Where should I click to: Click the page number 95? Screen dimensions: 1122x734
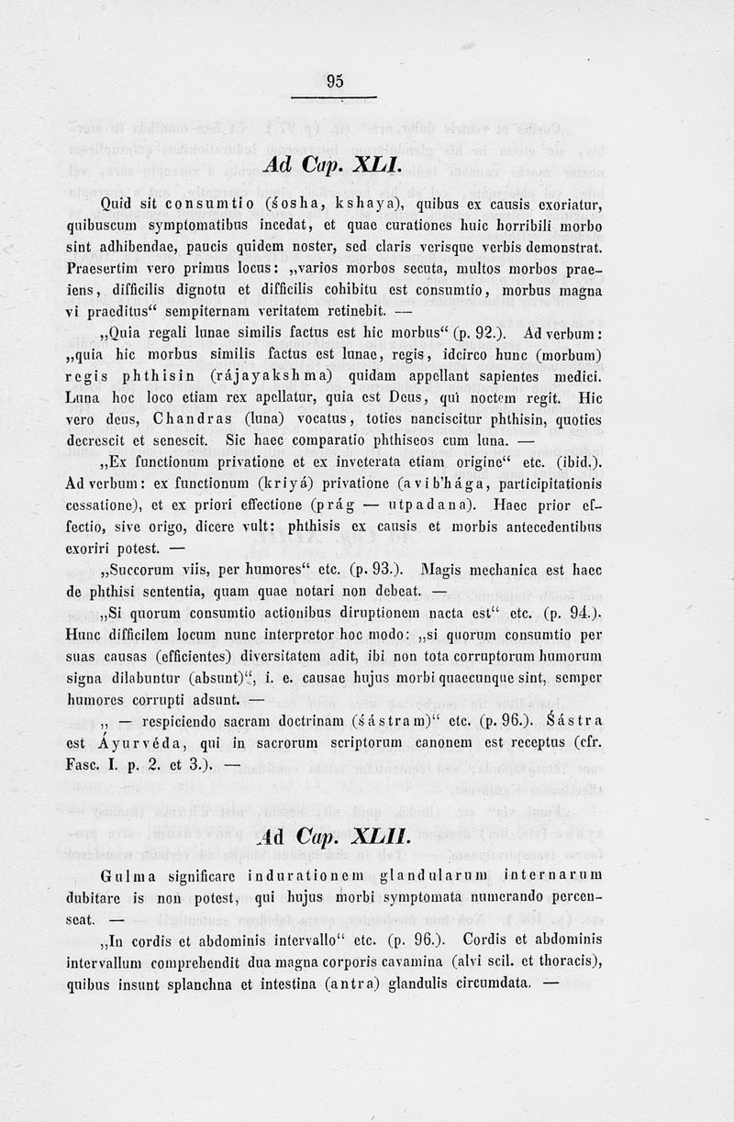[x=335, y=82]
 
